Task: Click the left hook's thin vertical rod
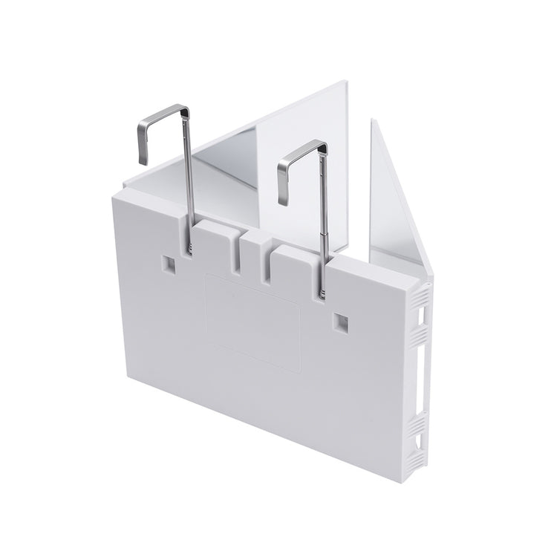[x=189, y=178]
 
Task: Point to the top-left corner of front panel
[x=113, y=197]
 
